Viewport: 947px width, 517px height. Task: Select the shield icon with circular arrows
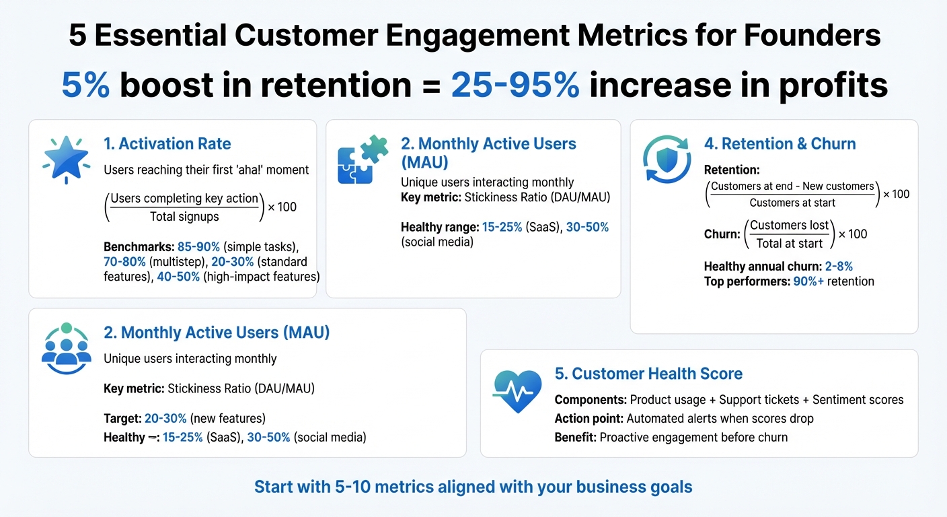[667, 160]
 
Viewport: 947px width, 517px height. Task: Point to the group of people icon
[66, 348]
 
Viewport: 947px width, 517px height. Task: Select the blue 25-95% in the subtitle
[515, 85]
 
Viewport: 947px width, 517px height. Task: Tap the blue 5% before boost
[85, 85]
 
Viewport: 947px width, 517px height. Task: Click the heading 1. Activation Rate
[167, 143]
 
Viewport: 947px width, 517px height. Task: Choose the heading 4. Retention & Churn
[780, 143]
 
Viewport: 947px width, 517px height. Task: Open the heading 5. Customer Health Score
[648, 374]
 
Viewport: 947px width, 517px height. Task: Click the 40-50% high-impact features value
[178, 277]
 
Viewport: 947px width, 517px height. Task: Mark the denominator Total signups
[184, 216]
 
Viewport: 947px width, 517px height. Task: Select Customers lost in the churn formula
[790, 226]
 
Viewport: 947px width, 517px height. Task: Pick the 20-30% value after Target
[166, 418]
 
